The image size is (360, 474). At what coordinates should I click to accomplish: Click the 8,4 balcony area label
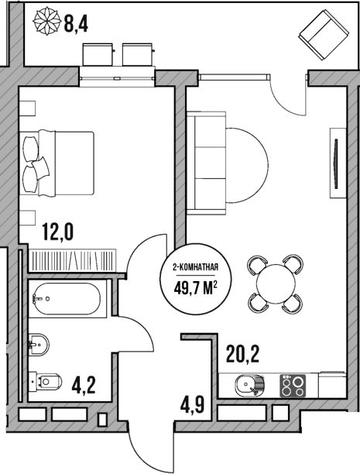coord(76,24)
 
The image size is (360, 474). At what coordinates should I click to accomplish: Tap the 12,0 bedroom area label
coord(58,232)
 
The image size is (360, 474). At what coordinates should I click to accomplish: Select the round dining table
coord(275,284)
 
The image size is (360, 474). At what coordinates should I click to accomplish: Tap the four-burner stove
coord(292,385)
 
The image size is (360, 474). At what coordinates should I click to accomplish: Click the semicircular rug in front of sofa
coord(248,161)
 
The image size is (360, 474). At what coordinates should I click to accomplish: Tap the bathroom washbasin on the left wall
coord(36,341)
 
